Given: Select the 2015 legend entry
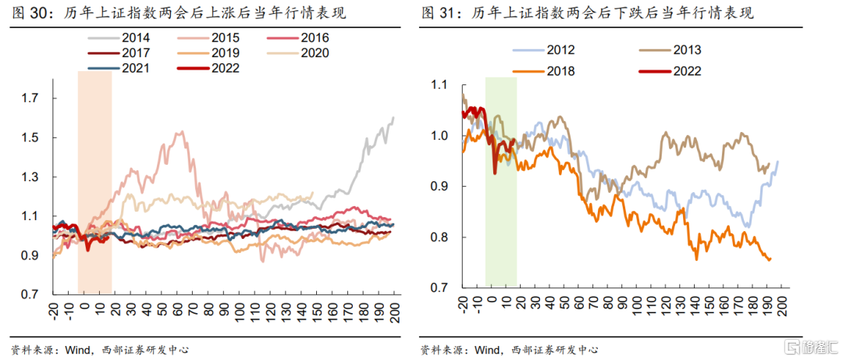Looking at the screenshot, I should point(226,38).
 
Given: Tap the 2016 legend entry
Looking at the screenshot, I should point(314,38).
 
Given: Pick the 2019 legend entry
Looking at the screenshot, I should point(226,53).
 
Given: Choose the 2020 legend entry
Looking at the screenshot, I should point(314,53).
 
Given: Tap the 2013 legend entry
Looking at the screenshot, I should point(684,51).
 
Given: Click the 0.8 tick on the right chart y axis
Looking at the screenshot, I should point(441,237).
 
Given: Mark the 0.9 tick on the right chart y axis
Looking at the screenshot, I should point(441,187).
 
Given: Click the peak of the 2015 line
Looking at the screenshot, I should point(183,131).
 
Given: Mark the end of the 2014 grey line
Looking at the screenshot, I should point(393,117).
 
